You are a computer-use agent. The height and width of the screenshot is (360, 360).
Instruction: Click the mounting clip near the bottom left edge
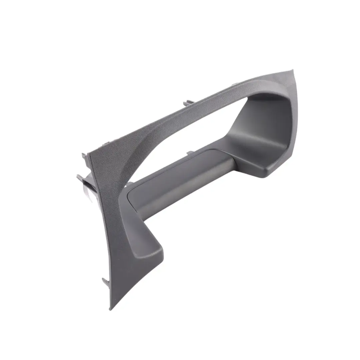coord(105,281)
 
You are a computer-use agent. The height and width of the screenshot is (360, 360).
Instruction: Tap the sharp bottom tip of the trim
coord(111,309)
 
